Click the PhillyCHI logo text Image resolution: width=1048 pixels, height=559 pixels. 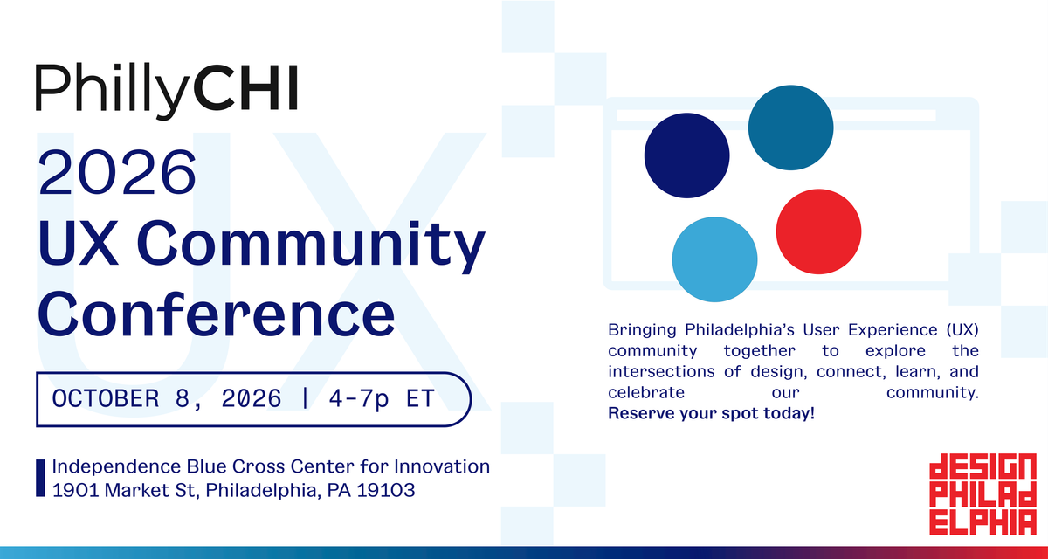[x=167, y=90]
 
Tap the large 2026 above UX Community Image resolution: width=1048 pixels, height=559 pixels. [x=117, y=172]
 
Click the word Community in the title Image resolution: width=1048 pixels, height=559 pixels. [x=311, y=245]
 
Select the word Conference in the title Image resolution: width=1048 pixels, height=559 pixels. [x=217, y=313]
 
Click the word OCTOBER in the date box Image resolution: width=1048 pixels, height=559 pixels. [x=106, y=398]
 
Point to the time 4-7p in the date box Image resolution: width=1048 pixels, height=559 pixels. [x=359, y=399]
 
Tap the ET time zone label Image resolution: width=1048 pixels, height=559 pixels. [x=420, y=398]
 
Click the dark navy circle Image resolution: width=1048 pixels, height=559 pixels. [x=686, y=155]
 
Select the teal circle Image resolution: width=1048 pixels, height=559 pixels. [x=790, y=128]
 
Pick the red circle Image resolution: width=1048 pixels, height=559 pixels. [x=819, y=231]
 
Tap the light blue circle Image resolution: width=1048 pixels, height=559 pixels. [x=715, y=259]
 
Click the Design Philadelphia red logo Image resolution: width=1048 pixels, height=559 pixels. [x=982, y=494]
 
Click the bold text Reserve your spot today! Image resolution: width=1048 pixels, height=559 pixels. [x=711, y=413]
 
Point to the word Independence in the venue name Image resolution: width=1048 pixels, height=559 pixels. [x=116, y=466]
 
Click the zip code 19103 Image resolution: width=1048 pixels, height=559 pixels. [x=385, y=490]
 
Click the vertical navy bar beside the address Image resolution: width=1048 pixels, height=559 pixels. [x=41, y=478]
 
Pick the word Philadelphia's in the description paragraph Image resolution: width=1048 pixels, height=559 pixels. [x=740, y=330]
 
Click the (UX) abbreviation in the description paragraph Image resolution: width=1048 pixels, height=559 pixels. [x=962, y=330]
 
